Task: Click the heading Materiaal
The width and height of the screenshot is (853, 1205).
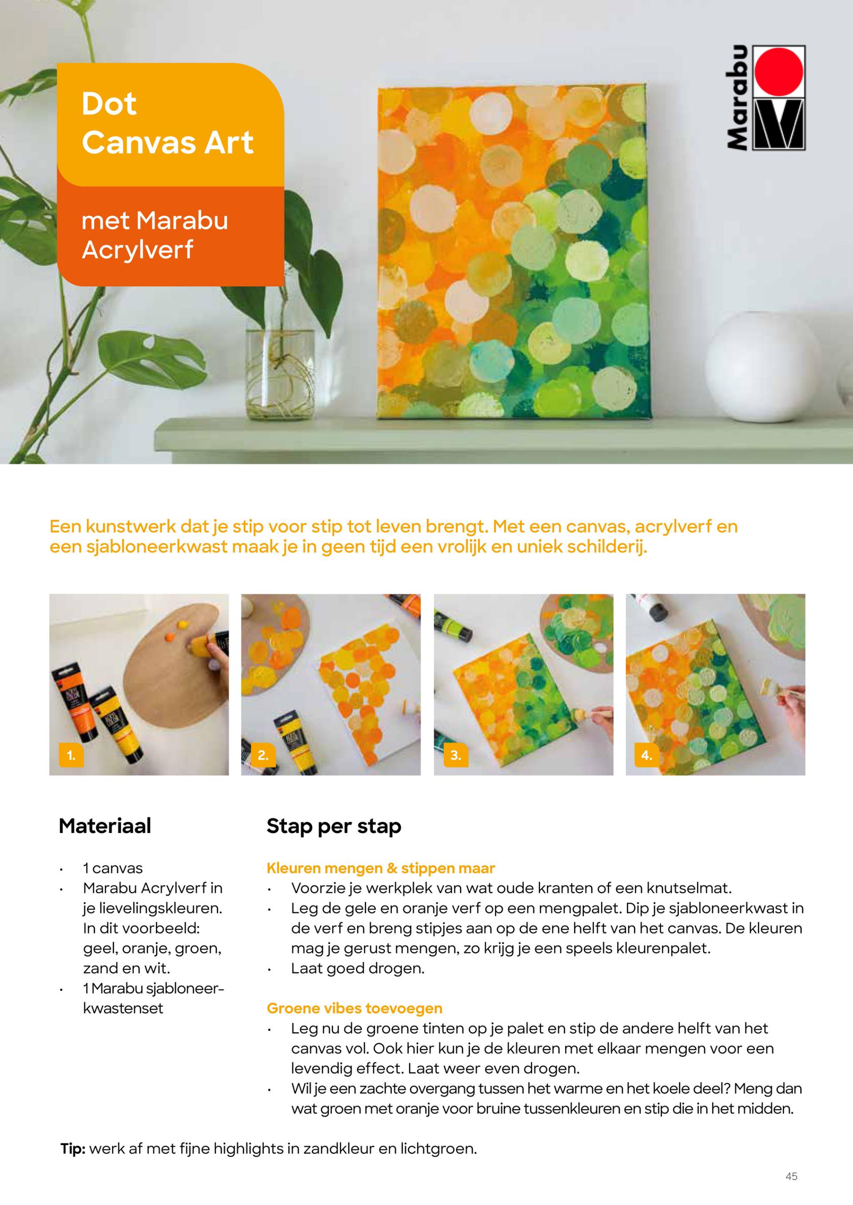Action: point(105,826)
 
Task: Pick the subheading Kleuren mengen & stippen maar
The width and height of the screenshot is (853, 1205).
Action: point(381,868)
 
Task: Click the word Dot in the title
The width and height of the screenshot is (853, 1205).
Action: point(109,104)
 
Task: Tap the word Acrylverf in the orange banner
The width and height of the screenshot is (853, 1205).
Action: point(138,250)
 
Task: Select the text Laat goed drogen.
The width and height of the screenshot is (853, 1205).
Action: point(358,968)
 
